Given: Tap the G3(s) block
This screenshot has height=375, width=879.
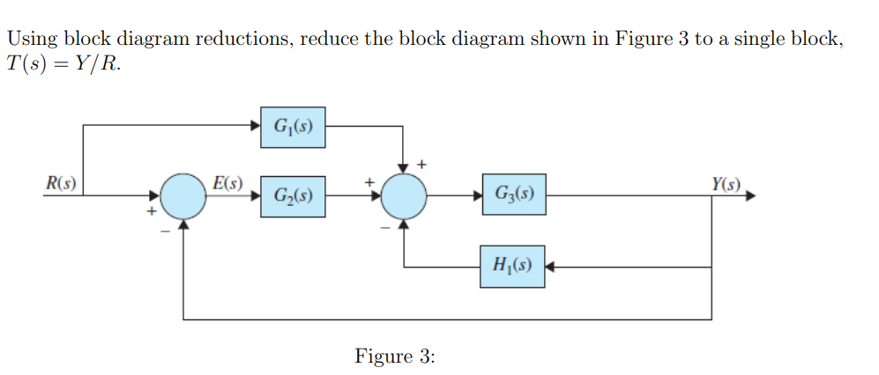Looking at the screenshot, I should [513, 194].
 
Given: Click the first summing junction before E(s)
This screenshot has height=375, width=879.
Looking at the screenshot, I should [183, 195].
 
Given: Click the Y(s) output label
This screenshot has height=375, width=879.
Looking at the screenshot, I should [728, 185].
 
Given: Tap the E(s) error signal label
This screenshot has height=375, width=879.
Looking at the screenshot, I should [227, 184].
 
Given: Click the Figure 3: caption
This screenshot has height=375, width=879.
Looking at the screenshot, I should [395, 356].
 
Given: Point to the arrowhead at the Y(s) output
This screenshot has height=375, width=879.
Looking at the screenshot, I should [750, 195].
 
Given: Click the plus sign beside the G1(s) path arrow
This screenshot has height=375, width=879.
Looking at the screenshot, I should [421, 164].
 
